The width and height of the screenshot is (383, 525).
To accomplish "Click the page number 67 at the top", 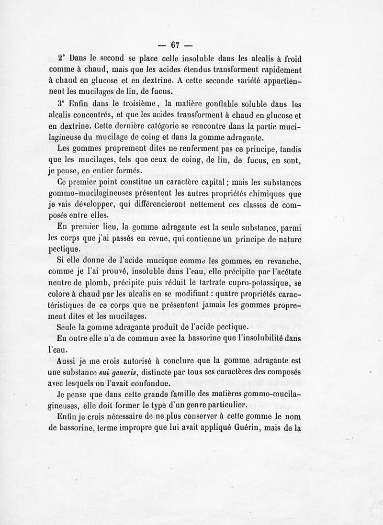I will click(x=175, y=45).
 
